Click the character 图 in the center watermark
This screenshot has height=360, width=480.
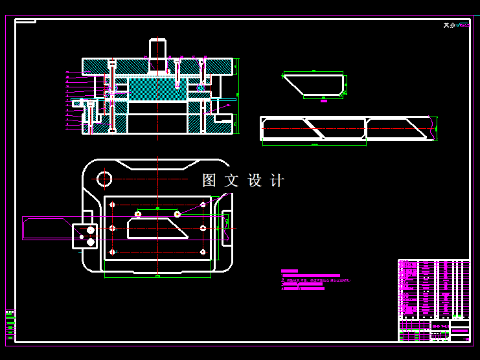(x=209, y=181)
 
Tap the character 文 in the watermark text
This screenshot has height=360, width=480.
(x=232, y=181)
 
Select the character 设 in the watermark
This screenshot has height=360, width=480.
(x=255, y=181)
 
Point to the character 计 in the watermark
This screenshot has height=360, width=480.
(x=277, y=181)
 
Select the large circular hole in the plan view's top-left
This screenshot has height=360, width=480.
(x=104, y=177)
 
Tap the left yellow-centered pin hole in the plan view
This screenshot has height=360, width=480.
(x=137, y=214)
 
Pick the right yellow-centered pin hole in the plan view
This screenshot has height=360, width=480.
(x=177, y=214)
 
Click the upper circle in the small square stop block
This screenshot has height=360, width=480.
(x=90, y=229)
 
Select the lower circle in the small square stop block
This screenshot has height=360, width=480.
(x=90, y=242)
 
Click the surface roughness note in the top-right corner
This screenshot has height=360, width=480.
(x=456, y=26)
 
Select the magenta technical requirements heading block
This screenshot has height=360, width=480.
(x=289, y=271)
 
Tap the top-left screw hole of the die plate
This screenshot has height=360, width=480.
(x=113, y=205)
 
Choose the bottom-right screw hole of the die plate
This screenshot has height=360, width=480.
(x=203, y=251)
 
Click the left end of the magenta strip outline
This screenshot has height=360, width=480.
(x=24, y=229)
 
